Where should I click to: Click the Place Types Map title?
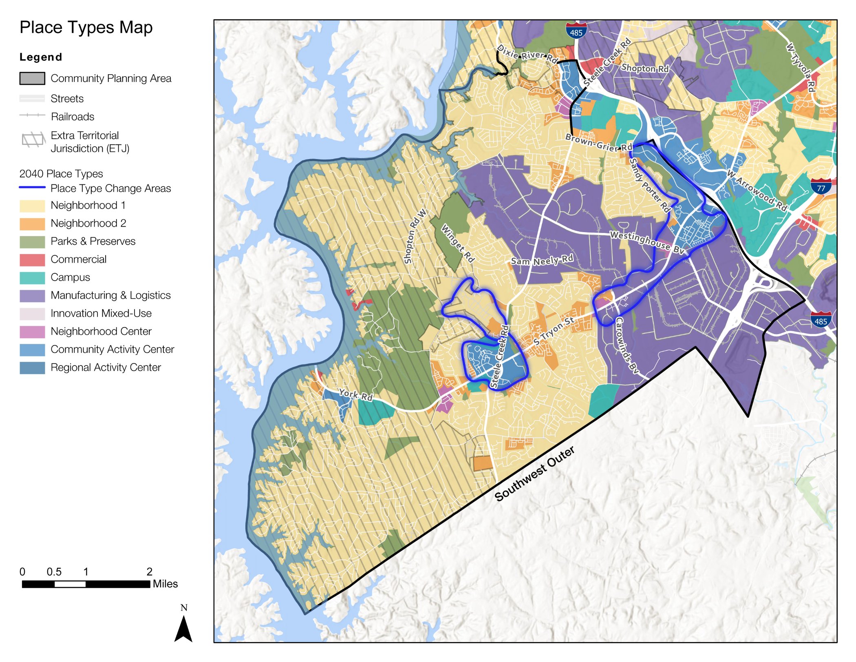pyautogui.click(x=86, y=28)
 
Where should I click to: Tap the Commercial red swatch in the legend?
pyautogui.click(x=32, y=260)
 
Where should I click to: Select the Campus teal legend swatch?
pyautogui.click(x=32, y=278)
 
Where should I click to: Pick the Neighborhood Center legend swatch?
pyautogui.click(x=32, y=332)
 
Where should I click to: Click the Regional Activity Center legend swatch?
pyautogui.click(x=32, y=368)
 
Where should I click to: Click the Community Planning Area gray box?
pyautogui.click(x=32, y=78)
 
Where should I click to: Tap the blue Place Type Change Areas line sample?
pyautogui.click(x=32, y=187)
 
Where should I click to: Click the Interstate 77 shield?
pyautogui.click(x=821, y=186)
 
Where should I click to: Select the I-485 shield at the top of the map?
pyautogui.click(x=576, y=31)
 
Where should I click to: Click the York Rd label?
pyautogui.click(x=356, y=394)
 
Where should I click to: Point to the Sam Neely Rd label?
pyautogui.click(x=542, y=260)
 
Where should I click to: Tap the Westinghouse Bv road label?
pyautogui.click(x=646, y=242)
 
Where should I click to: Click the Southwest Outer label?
pyautogui.click(x=534, y=474)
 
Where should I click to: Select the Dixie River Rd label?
pyautogui.click(x=528, y=55)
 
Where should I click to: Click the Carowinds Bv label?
pyautogui.click(x=627, y=345)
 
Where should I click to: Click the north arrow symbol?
pyautogui.click(x=183, y=628)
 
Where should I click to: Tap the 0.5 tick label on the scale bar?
pyautogui.click(x=54, y=571)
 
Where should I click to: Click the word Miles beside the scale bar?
pyautogui.click(x=165, y=584)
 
